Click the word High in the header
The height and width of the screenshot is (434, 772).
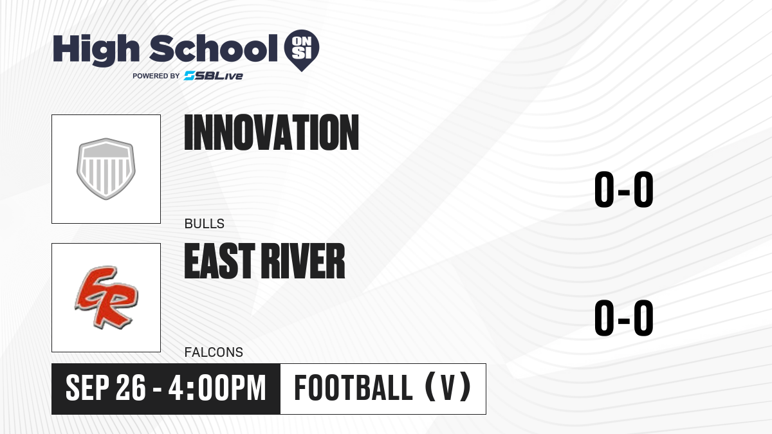point(96,50)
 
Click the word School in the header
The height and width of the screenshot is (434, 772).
point(214,48)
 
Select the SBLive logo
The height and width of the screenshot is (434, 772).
point(214,76)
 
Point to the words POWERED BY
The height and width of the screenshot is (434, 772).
point(156,76)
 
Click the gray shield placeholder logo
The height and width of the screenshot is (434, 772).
point(106,168)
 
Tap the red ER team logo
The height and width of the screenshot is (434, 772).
point(107,297)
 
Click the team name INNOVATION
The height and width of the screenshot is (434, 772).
point(271,132)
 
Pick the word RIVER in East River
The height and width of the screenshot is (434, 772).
point(302,261)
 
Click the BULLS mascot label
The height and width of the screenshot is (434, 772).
point(205,224)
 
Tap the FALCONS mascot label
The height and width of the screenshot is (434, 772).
point(214,352)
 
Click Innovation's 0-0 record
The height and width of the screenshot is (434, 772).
point(624,189)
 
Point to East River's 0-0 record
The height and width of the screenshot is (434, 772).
point(624,318)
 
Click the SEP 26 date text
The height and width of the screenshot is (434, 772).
point(106,388)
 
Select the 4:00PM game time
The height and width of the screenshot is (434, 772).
point(217,388)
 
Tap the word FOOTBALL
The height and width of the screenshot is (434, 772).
point(353,388)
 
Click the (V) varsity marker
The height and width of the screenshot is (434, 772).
point(448,387)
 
